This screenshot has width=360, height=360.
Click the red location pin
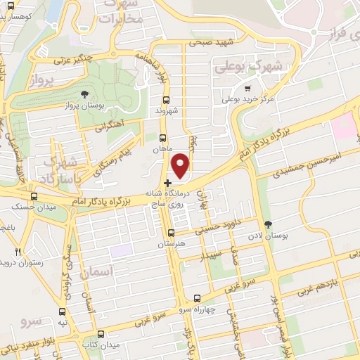pos(181,165)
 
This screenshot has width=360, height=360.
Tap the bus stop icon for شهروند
pos(166,100)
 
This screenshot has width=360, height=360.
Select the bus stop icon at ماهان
pos(163,138)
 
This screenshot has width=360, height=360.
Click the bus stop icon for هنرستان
pos(172,232)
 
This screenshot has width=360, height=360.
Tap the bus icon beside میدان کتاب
pos(102,334)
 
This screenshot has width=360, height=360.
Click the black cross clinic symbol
pos(167,183)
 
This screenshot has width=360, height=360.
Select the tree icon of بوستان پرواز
pos(84,94)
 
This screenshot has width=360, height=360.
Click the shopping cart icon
pos(247,89)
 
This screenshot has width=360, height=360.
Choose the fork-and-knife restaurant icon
pos(19,251)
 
